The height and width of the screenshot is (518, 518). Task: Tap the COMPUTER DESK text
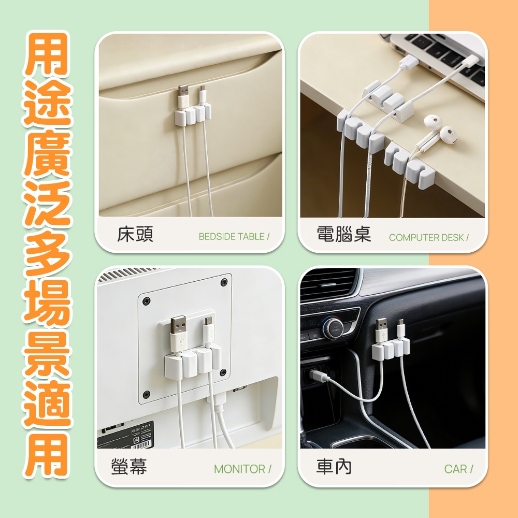click(426, 237)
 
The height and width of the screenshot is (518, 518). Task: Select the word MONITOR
click(239, 469)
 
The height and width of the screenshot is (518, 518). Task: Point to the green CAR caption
click(455, 469)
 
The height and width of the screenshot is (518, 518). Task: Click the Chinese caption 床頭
click(135, 234)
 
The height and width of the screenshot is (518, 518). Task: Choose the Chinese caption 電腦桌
click(343, 234)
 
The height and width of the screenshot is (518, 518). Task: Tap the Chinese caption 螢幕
click(129, 467)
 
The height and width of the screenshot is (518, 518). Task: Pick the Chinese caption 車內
click(334, 467)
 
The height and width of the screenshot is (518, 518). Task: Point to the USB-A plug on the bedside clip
click(183, 96)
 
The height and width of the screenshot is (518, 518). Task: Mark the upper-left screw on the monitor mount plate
click(146, 301)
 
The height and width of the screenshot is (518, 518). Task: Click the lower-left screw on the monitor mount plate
click(146, 394)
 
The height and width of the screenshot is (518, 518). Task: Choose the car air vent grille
click(329, 284)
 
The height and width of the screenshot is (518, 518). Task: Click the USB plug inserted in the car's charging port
click(318, 375)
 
